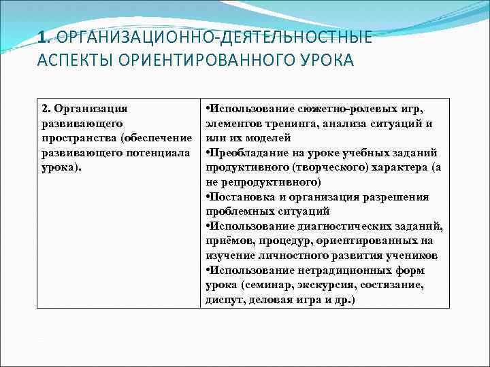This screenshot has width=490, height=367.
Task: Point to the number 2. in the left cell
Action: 46,109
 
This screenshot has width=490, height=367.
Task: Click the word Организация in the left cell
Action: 91,109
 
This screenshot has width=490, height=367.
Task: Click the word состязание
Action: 393,285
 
